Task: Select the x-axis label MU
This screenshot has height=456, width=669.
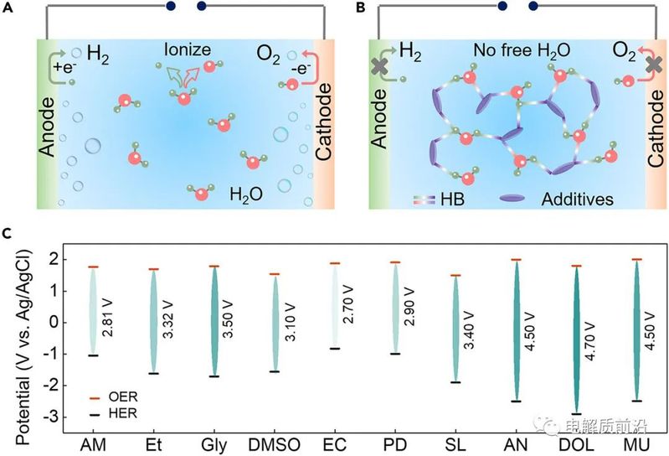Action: (636, 441)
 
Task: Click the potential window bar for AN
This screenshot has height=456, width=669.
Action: (515, 331)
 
